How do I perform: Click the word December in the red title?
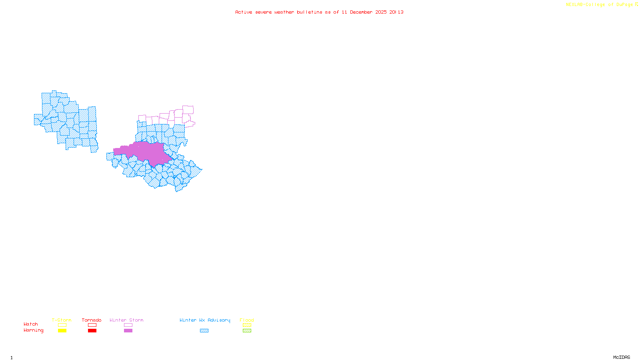point(361,12)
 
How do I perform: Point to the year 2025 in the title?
point(381,12)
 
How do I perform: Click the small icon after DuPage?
point(637,4)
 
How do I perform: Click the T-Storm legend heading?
point(62,320)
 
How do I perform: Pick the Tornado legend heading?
point(92,320)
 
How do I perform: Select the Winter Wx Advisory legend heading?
point(205,320)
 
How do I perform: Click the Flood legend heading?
point(247,320)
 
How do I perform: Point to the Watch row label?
point(31,324)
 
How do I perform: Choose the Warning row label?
point(34,330)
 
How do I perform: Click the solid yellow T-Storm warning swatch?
point(62,331)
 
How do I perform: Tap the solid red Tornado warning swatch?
point(92,331)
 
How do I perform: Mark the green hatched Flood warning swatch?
point(247,331)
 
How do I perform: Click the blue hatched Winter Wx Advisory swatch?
point(204,331)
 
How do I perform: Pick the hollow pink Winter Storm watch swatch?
point(128,325)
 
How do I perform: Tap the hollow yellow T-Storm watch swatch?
point(62,325)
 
